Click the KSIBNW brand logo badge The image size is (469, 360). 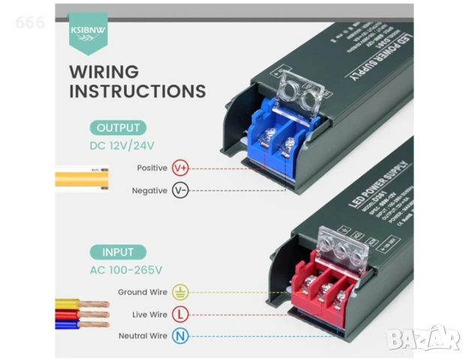[88, 31]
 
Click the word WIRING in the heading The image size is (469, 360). [104, 72]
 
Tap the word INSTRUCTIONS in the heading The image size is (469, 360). [137, 91]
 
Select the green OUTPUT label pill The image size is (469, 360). [118, 127]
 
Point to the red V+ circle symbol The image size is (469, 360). [180, 168]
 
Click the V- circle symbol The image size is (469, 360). [180, 190]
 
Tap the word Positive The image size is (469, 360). [152, 168]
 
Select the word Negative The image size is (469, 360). [149, 190]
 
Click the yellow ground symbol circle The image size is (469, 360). [180, 292]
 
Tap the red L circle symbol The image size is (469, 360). [180, 314]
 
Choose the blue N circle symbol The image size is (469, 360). [180, 336]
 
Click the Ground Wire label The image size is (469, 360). [143, 292]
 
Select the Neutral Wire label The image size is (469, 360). [143, 336]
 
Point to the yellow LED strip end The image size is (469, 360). [82, 179]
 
